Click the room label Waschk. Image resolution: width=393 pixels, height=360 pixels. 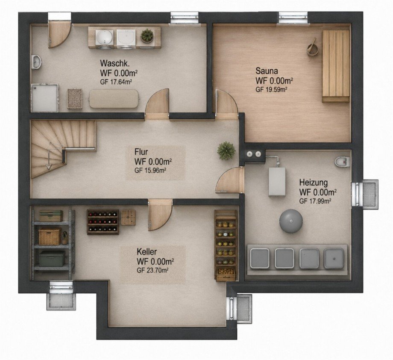pos(115,63)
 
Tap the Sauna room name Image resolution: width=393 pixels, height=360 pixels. pos(267,71)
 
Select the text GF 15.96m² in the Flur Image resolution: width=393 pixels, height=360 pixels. pos(150,170)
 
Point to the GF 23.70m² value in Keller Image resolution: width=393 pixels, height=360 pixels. pos(153,270)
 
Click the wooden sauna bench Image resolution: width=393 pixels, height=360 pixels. pos(336,66)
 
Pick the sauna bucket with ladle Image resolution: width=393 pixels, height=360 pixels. pos(313,48)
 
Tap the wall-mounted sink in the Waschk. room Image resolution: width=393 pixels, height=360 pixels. pos(36,62)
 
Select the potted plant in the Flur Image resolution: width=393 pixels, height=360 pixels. pos(226,150)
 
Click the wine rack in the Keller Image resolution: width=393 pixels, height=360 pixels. pos(103,222)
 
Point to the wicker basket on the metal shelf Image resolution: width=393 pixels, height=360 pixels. pos(50,236)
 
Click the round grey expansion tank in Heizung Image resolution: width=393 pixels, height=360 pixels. pos(291,221)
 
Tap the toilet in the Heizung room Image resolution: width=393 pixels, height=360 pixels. pos(342,161)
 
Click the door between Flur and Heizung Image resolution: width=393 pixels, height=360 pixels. pos(230,180)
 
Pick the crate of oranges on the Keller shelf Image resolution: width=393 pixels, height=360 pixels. pos(226,274)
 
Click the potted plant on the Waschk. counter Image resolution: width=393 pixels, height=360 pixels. pos(147,35)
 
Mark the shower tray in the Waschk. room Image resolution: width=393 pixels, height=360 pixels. pos(44,97)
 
